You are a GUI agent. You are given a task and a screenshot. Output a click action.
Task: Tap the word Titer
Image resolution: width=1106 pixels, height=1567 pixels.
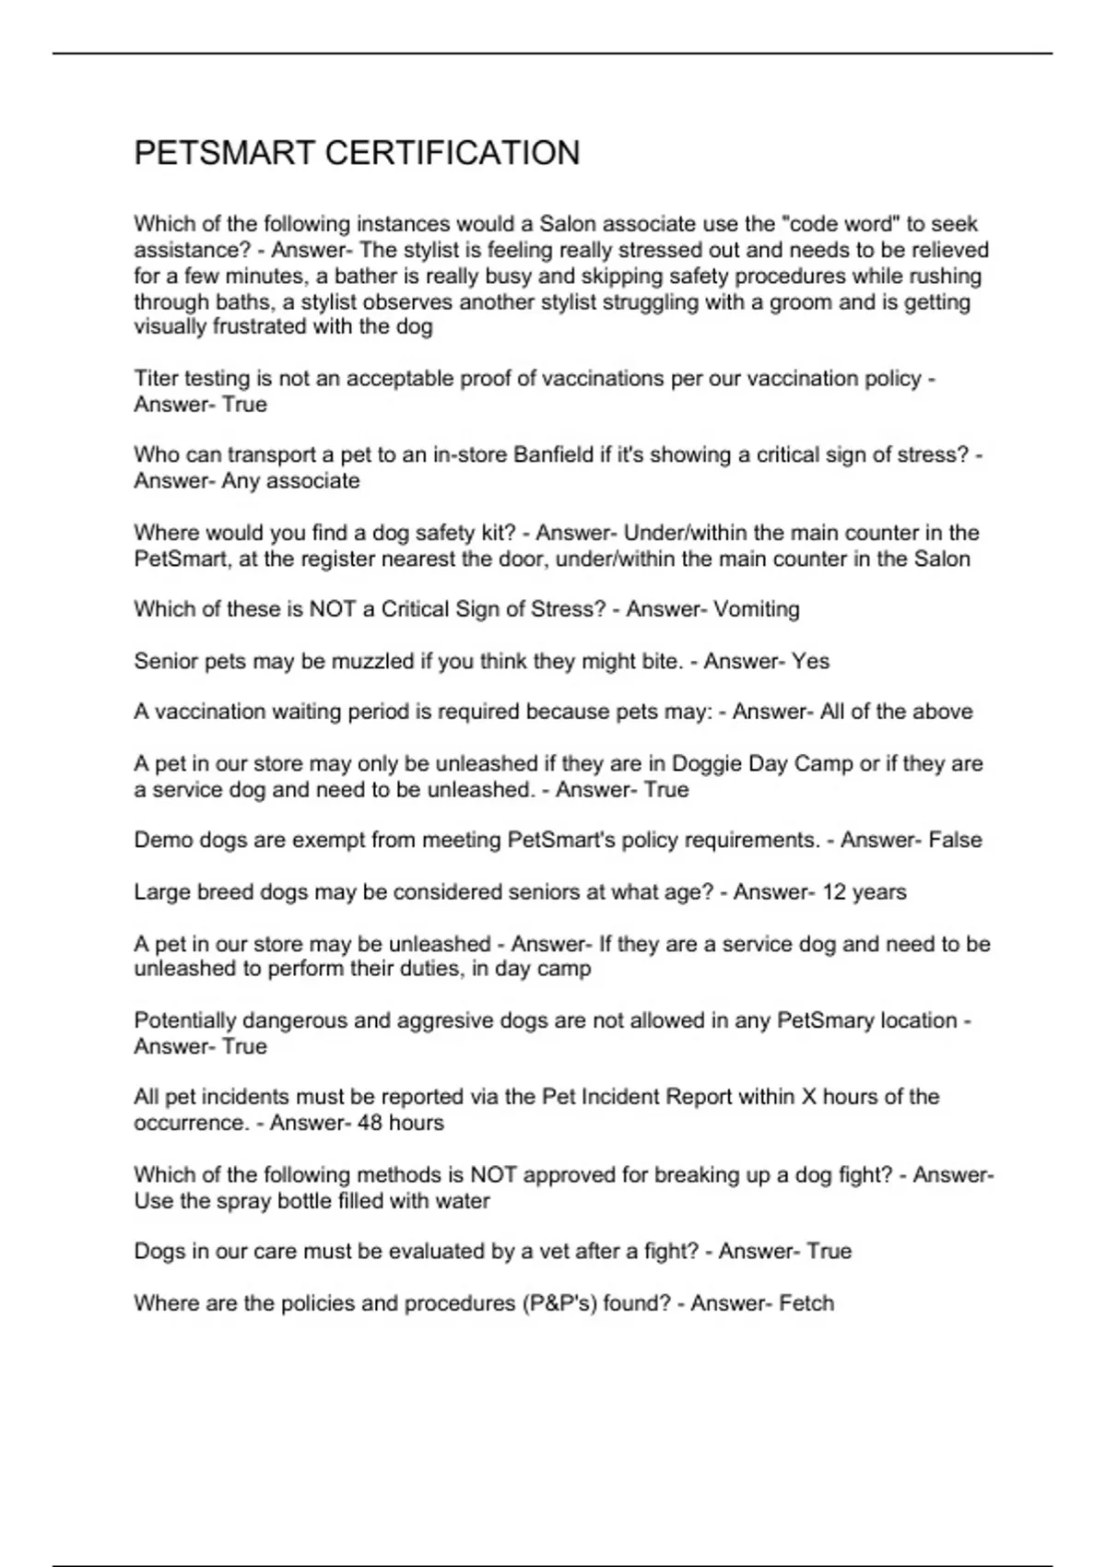point(157,379)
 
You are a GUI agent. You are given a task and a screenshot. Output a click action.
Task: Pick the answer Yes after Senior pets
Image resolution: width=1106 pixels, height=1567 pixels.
point(810,661)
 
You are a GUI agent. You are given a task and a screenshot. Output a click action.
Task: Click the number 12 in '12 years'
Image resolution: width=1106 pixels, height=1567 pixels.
point(832,892)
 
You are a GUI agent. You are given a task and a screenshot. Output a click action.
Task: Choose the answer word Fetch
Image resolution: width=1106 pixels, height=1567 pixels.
point(806,1303)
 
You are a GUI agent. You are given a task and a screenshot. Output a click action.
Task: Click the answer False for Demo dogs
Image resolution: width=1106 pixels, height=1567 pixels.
point(955,841)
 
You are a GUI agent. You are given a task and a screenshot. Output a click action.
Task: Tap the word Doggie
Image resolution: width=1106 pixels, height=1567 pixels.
point(706,764)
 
